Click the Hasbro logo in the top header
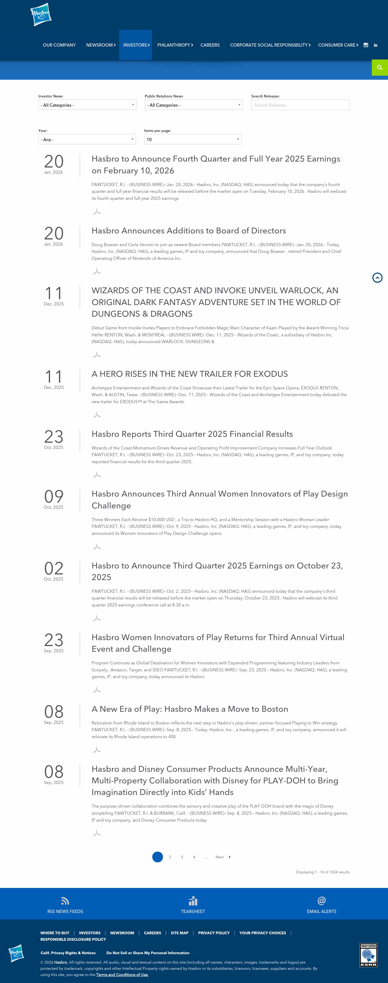(41, 15)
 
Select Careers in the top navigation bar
(210, 45)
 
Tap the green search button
(380, 68)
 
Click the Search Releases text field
(300, 105)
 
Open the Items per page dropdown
(192, 139)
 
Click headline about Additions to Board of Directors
(189, 231)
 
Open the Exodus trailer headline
(189, 374)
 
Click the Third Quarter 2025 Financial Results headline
(192, 434)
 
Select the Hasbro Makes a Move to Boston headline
(190, 709)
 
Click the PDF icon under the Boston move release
(97, 750)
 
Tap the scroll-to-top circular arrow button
(377, 278)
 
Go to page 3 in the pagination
(182, 857)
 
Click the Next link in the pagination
(220, 857)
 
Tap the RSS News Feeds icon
(65, 901)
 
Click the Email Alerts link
(321, 911)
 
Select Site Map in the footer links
(179, 933)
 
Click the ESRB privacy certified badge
(369, 955)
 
